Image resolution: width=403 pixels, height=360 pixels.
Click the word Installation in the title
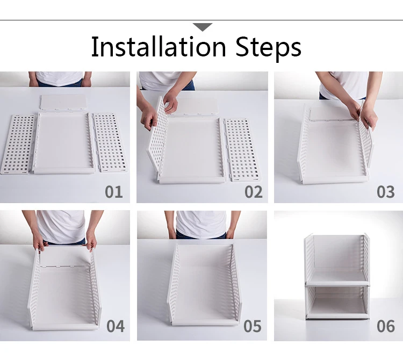(x=159, y=47)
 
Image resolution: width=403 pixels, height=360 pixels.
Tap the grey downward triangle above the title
(x=203, y=27)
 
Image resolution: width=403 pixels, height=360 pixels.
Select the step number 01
(x=114, y=192)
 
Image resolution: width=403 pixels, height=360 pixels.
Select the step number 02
(x=254, y=192)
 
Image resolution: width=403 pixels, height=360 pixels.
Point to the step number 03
(x=385, y=192)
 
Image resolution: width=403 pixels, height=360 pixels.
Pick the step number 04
(x=116, y=326)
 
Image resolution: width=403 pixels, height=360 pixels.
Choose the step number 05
(x=253, y=326)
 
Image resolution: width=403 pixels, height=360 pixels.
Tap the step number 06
(x=385, y=326)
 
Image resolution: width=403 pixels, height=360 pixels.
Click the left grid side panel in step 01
(x=18, y=144)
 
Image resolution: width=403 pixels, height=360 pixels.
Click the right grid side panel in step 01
(x=110, y=142)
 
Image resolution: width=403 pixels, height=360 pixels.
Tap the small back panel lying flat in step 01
(x=63, y=103)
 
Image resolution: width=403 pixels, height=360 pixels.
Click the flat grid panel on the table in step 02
(x=242, y=149)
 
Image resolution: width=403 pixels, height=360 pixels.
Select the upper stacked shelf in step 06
(x=337, y=260)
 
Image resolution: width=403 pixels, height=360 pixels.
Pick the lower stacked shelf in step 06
(x=337, y=302)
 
